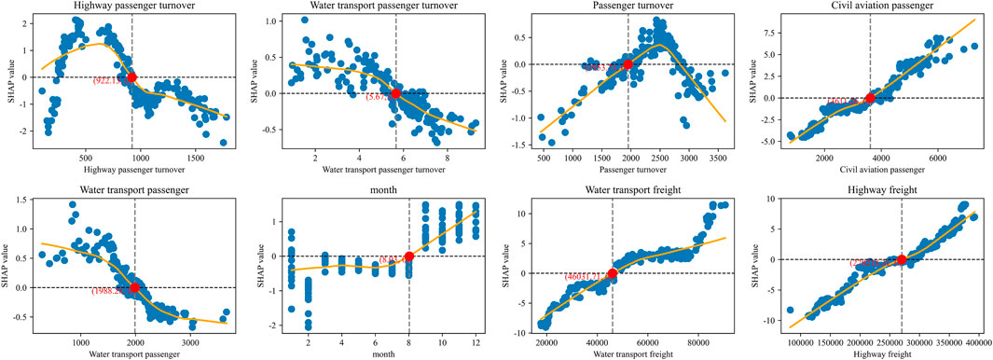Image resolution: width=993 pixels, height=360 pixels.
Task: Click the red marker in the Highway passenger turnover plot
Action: point(131,77)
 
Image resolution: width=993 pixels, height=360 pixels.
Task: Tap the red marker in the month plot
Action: point(409,256)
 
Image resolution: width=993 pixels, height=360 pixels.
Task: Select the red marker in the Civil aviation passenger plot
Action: point(870,98)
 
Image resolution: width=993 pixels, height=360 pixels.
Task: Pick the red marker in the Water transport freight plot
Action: point(612,273)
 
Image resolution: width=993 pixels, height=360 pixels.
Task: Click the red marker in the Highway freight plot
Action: point(902,259)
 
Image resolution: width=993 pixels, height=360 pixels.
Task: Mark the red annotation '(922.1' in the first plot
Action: point(108,82)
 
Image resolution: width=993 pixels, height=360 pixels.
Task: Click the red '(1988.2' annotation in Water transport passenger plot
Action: point(109,293)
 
